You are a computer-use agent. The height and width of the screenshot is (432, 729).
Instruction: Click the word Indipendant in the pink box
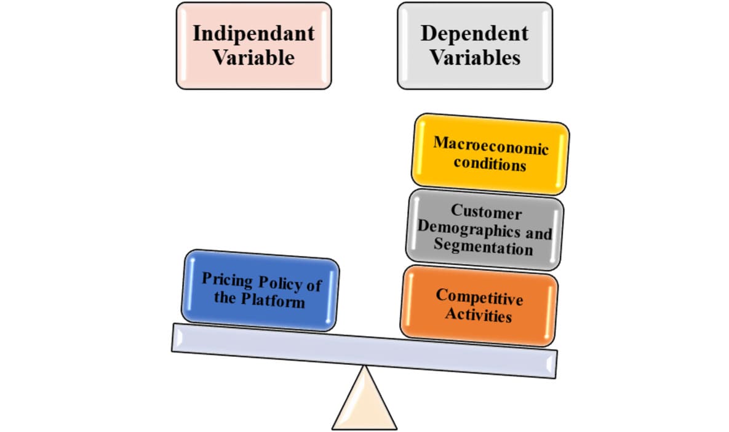click(x=253, y=33)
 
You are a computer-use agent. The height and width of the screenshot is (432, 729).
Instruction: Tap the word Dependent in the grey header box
click(x=474, y=33)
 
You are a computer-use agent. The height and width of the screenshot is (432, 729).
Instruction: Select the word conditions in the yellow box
click(x=490, y=164)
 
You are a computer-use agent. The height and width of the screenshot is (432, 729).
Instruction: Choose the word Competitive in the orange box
click(x=479, y=297)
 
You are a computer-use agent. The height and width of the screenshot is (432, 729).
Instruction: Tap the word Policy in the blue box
click(x=280, y=283)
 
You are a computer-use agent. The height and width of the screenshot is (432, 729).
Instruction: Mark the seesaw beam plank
click(x=364, y=350)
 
